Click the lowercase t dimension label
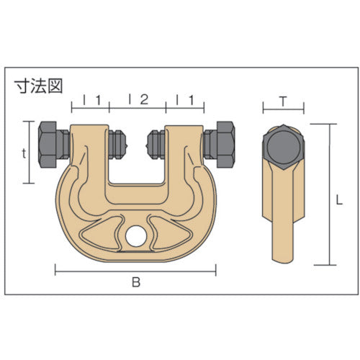click(24, 153)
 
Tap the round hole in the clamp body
click(135, 235)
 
